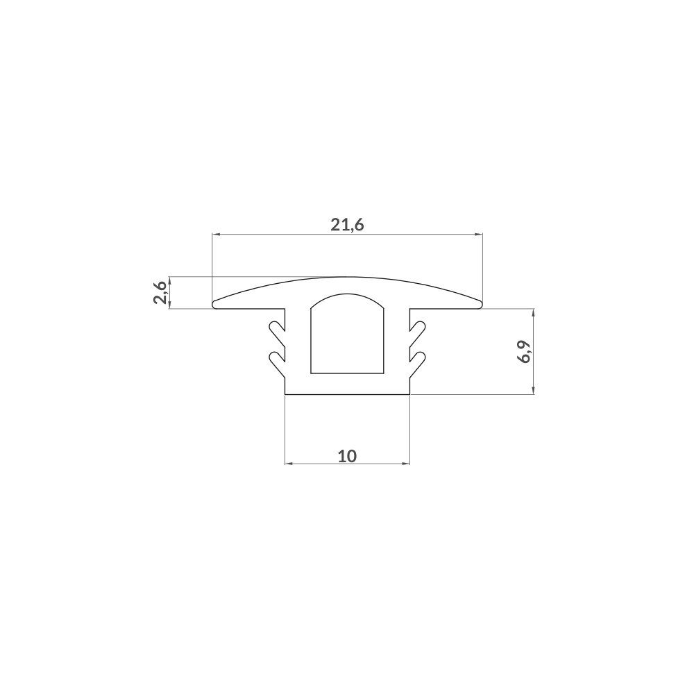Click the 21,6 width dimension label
pyautogui.click(x=347, y=226)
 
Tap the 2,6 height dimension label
pyautogui.click(x=160, y=292)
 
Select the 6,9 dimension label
pyautogui.click(x=524, y=351)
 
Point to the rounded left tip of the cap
pyautogui.click(x=214, y=304)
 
